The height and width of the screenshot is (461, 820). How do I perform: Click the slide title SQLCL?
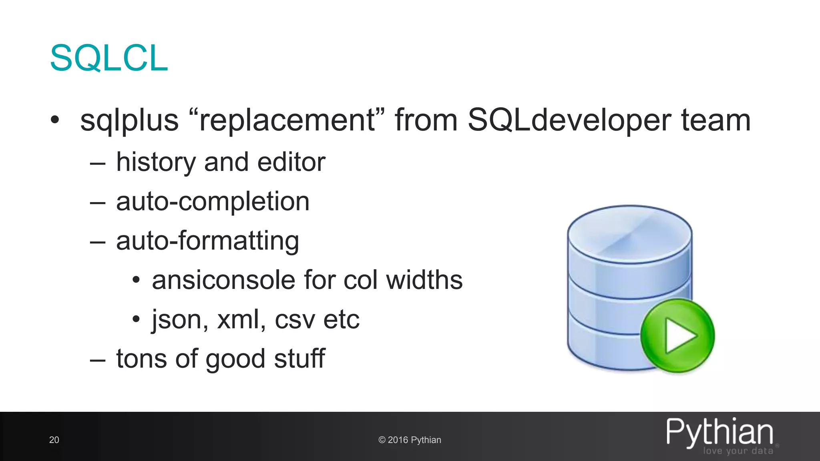tap(109, 58)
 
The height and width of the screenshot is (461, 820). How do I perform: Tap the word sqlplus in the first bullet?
tap(129, 120)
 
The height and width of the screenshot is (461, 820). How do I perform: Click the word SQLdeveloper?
tap(569, 120)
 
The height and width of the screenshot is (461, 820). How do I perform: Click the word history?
tap(155, 162)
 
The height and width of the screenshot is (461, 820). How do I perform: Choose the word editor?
tap(291, 162)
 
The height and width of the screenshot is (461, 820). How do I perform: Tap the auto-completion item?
tap(213, 201)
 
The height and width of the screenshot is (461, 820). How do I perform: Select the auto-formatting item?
tap(207, 241)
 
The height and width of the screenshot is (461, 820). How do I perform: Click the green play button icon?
tap(677, 335)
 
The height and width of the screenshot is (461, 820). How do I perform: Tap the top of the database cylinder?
tap(629, 234)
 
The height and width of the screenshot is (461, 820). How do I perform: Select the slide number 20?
tap(54, 440)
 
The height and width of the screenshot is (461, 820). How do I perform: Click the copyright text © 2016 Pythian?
tap(410, 440)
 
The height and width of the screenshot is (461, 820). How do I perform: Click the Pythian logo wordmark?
tap(720, 432)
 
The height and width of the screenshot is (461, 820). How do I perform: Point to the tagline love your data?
tap(738, 451)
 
